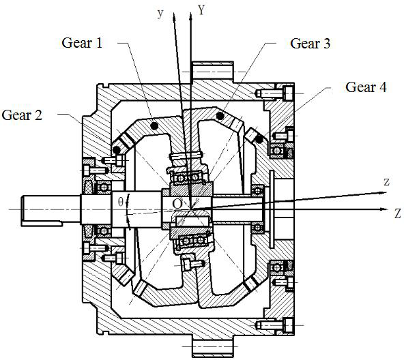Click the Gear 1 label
pos(82,43)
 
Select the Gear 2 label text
pos(22,115)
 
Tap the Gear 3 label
pos(310,43)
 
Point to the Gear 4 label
pos(366,87)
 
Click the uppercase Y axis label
pos(201,10)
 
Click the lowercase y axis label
pos(160,14)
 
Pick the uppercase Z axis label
pos(398,213)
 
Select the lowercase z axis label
pos(386,182)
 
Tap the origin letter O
pos(177,204)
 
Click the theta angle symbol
pos(121,202)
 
